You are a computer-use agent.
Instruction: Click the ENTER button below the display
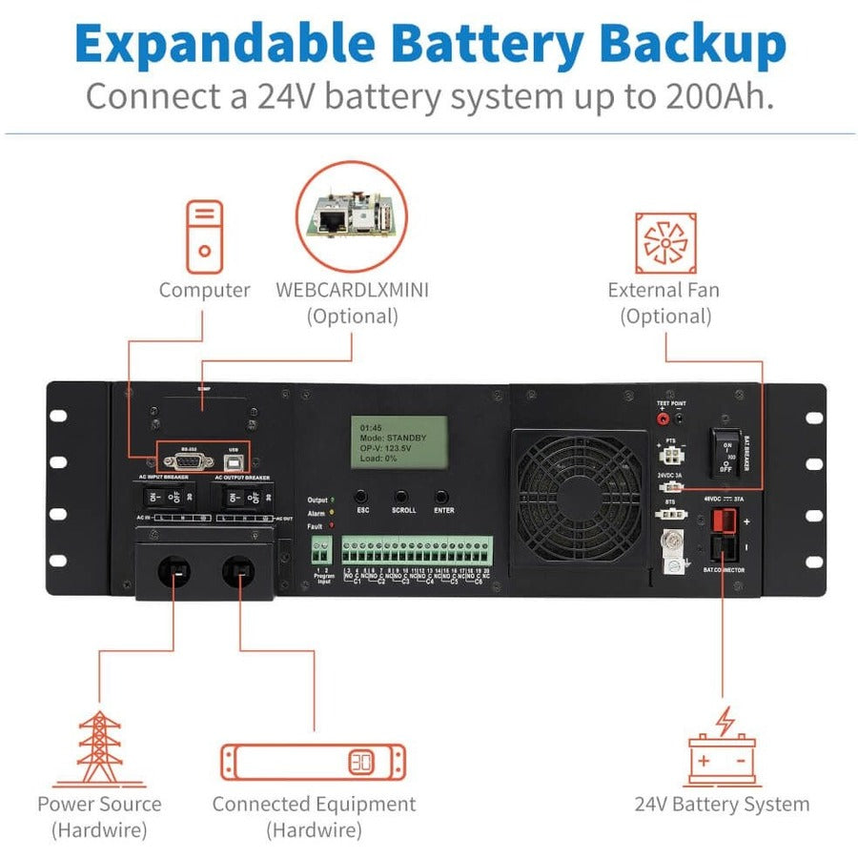point(442,497)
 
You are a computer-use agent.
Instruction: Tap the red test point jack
point(661,418)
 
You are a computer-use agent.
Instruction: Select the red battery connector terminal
point(723,522)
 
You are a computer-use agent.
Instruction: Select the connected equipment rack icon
point(313,763)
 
